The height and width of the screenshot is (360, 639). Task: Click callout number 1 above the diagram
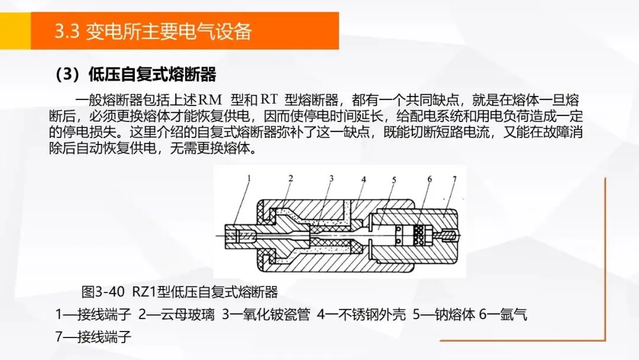(249, 178)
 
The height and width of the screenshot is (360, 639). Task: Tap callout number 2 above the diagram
(291, 178)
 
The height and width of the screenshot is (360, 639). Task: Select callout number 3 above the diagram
(331, 178)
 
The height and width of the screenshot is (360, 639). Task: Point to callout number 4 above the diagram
(363, 179)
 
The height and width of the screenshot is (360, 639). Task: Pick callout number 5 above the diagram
(394, 180)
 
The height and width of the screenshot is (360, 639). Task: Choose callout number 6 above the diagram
(430, 179)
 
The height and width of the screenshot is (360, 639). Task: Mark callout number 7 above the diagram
(454, 179)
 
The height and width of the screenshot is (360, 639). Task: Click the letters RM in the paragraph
(210, 100)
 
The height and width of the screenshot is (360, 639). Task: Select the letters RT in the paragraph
(269, 100)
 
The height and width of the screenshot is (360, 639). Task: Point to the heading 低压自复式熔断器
(152, 75)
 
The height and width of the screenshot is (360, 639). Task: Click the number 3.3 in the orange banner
(67, 31)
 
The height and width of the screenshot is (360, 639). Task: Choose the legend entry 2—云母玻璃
(176, 315)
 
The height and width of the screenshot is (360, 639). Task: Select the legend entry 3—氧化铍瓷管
(266, 315)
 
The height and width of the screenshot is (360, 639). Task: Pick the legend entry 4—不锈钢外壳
(362, 315)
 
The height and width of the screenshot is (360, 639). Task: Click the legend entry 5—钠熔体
(444, 315)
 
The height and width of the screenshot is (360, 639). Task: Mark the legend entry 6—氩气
(503, 315)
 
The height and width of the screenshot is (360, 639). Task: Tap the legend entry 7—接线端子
(93, 337)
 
